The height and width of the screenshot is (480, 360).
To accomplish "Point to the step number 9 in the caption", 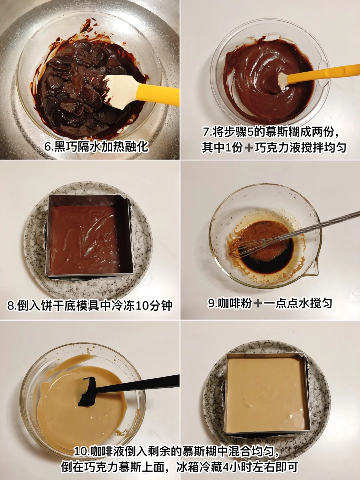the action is pos(210,303).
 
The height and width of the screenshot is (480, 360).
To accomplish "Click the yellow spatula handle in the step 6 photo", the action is pos(158,94).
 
